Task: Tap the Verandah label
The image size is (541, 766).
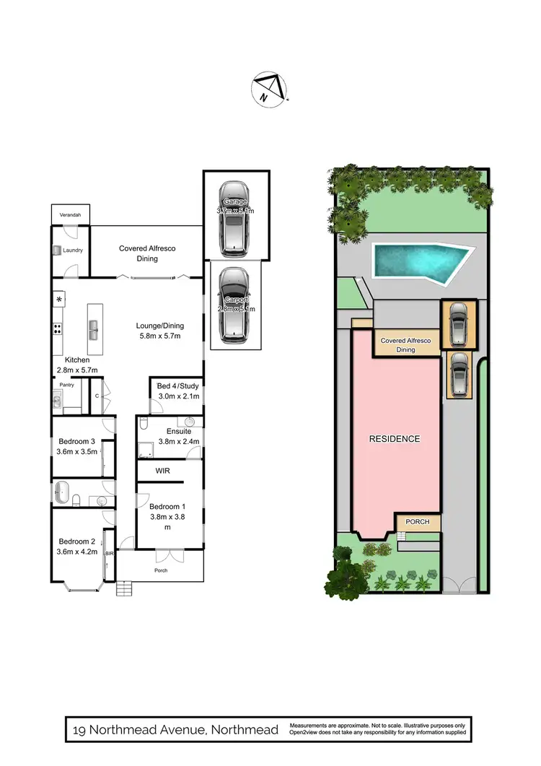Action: point(69,215)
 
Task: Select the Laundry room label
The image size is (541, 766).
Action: point(73,251)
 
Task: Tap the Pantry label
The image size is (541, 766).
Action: point(67,385)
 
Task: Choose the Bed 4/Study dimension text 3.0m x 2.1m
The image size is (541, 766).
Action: point(178,396)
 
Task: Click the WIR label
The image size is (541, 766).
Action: point(163,471)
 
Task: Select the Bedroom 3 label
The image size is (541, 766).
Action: point(76,442)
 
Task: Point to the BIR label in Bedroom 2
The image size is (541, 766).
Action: point(109,553)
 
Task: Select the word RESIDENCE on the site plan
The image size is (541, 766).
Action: point(395,438)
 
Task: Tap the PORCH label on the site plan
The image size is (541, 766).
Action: point(417,522)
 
